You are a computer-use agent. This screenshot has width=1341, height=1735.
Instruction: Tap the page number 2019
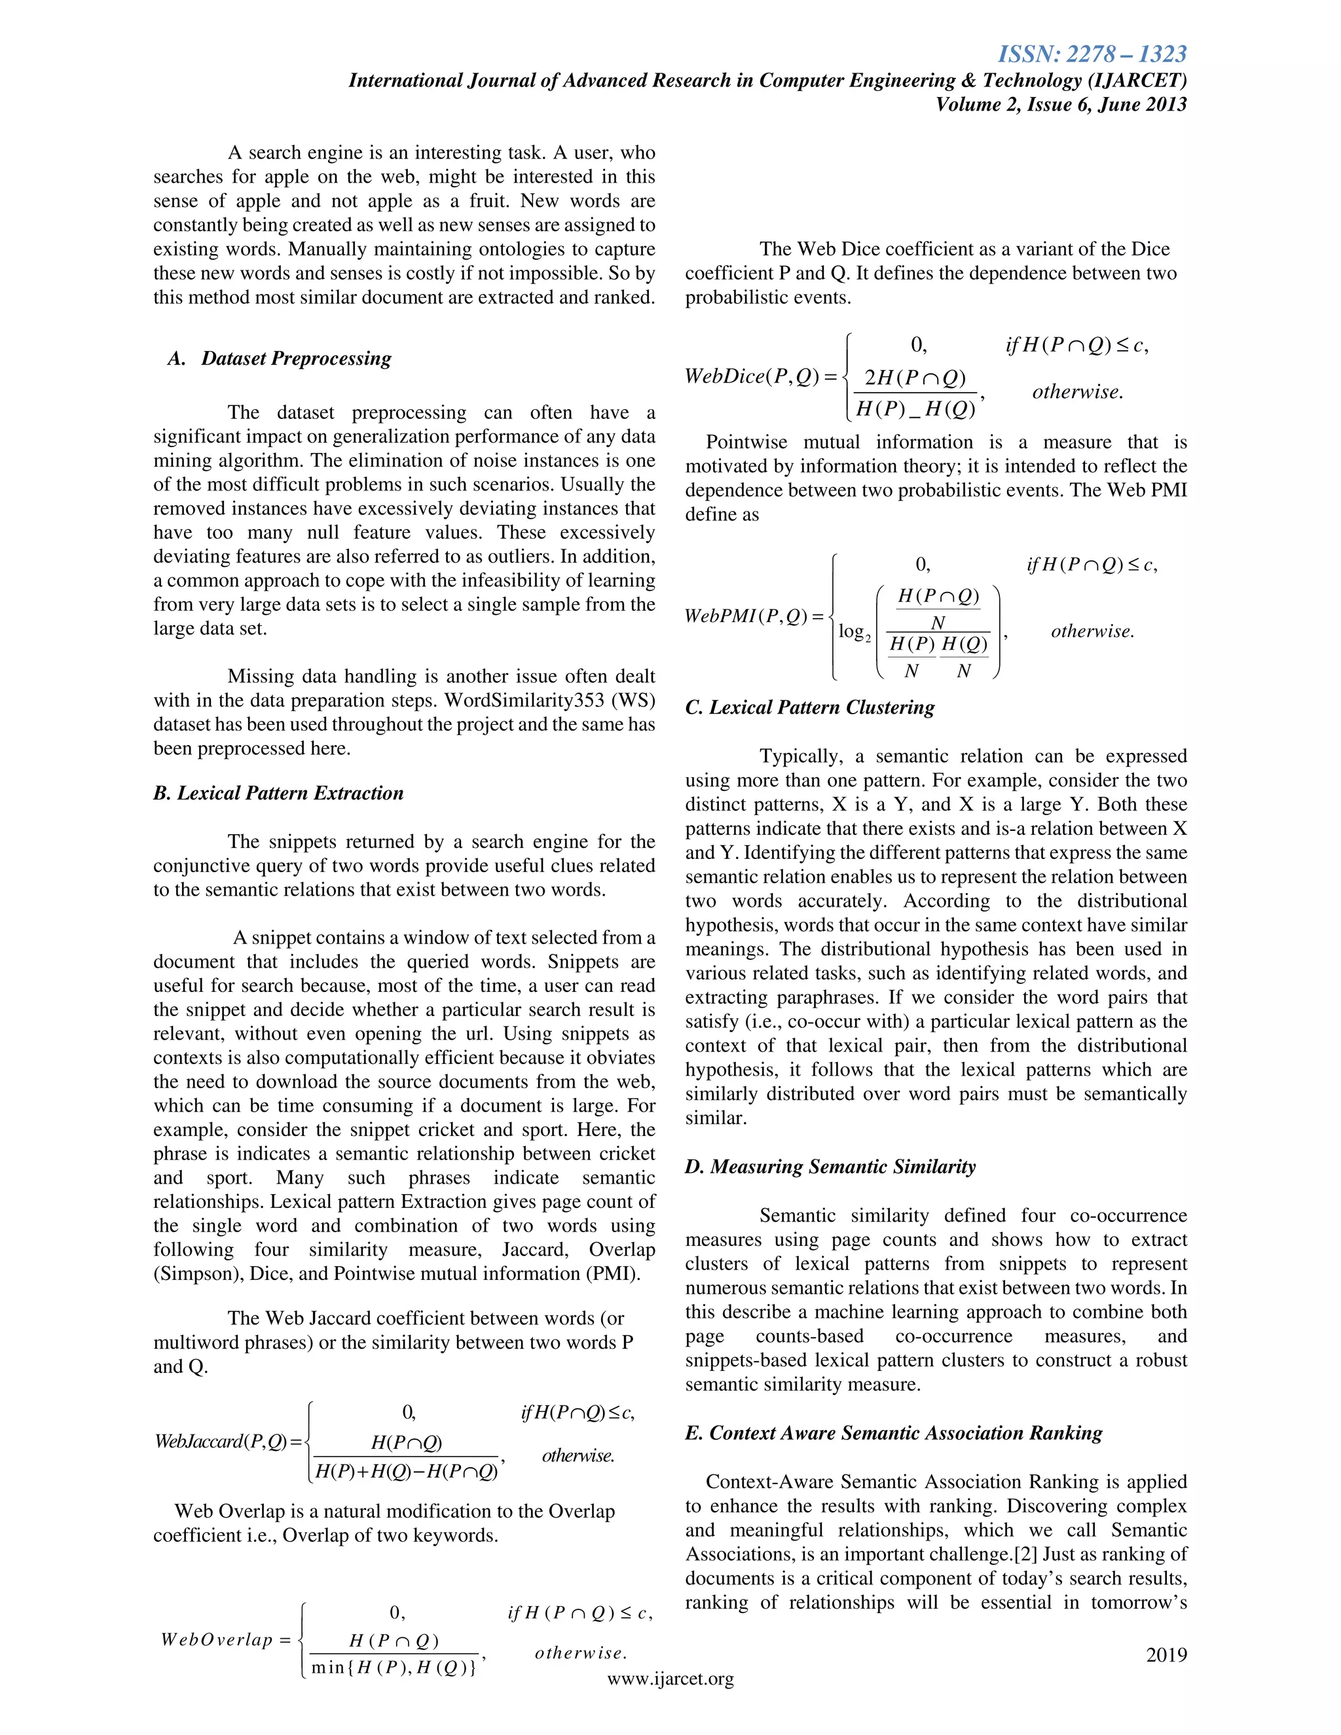point(1166,1654)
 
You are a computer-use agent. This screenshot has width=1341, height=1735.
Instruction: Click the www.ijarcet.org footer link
point(670,1679)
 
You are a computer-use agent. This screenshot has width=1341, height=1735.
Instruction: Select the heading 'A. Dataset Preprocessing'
point(280,358)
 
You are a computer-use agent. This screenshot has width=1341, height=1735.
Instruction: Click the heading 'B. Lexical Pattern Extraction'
point(278,793)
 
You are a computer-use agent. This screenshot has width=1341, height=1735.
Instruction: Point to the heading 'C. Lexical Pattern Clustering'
point(809,707)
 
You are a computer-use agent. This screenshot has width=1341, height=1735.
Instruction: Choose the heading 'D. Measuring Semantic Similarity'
point(830,1166)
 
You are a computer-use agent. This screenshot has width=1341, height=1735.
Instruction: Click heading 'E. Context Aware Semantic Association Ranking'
point(894,1433)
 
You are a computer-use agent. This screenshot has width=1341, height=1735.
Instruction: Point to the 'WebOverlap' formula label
point(217,1639)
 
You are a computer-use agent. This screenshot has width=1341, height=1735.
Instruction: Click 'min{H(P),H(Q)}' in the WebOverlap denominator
point(394,1667)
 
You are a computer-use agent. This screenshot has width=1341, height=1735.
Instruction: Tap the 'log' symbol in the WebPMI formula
point(853,632)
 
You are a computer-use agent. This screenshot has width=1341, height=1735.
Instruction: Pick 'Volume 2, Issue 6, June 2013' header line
point(1061,104)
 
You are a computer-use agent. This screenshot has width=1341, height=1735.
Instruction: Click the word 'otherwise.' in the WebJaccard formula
point(578,1455)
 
